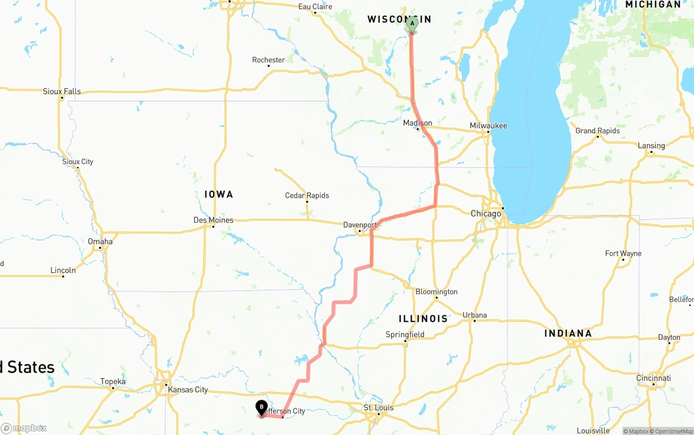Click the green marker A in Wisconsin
[x=412, y=24]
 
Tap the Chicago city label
[x=486, y=213]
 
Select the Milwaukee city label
[x=489, y=126]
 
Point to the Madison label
[x=417, y=123]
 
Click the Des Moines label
[x=214, y=220]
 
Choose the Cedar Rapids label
[x=307, y=196]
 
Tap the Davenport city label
[x=360, y=225]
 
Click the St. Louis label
[x=378, y=407]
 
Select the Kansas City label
[x=188, y=389]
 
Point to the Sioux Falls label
[x=62, y=92]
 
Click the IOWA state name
[x=219, y=194]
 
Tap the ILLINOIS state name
[x=423, y=319]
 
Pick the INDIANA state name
[x=568, y=333]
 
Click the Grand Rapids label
[x=597, y=131]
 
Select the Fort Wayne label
[x=623, y=254]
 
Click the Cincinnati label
[x=653, y=378]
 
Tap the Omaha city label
[x=100, y=242]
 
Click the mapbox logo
[x=24, y=428]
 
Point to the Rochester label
[x=268, y=60]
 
